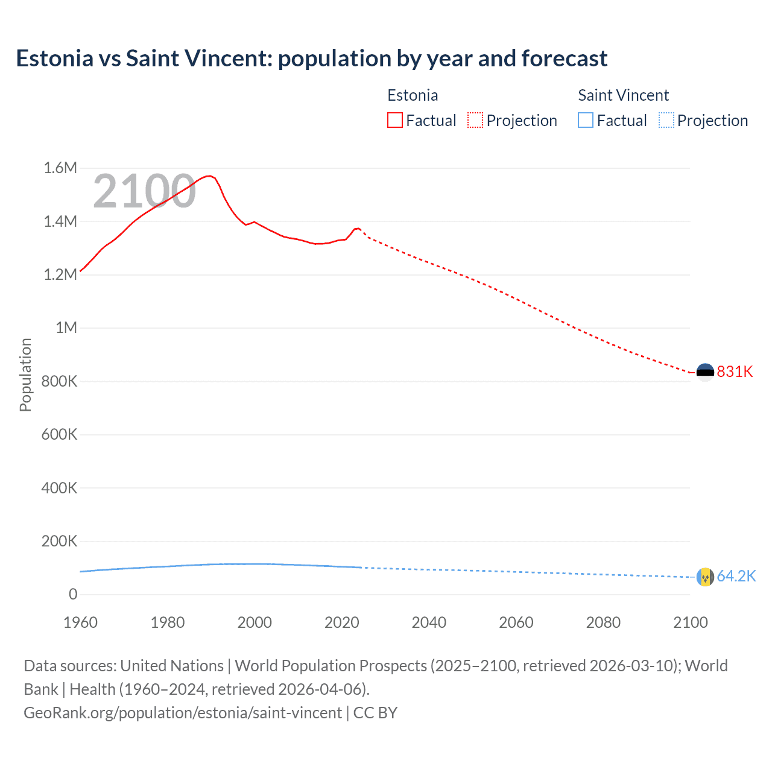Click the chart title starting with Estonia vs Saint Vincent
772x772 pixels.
pyautogui.click(x=311, y=59)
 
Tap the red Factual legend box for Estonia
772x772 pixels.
pyautogui.click(x=395, y=121)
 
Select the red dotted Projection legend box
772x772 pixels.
pyautogui.click(x=475, y=121)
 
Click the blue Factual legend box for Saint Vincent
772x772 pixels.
pyautogui.click(x=586, y=121)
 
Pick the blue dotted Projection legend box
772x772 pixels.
pyautogui.click(x=666, y=121)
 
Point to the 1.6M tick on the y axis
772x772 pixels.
pyautogui.click(x=60, y=168)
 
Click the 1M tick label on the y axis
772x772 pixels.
pyautogui.click(x=66, y=327)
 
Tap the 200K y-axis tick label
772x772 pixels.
pyautogui.click(x=59, y=541)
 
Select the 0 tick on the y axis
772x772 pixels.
pyautogui.click(x=73, y=594)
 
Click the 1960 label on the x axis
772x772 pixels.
pyautogui.click(x=80, y=622)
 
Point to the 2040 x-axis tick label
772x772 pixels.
pyautogui.click(x=429, y=622)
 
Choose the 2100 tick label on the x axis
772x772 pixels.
pyautogui.click(x=690, y=622)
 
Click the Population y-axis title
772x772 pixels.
pyautogui.click(x=25, y=375)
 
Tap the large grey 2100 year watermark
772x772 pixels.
pyautogui.click(x=144, y=191)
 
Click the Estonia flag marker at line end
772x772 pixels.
pyautogui.click(x=705, y=372)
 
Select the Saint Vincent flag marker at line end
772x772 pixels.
pyautogui.click(x=705, y=577)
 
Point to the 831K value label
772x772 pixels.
pyautogui.click(x=735, y=372)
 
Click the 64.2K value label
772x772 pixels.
pyautogui.click(x=736, y=577)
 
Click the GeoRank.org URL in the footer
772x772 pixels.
pyautogui.click(x=183, y=713)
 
